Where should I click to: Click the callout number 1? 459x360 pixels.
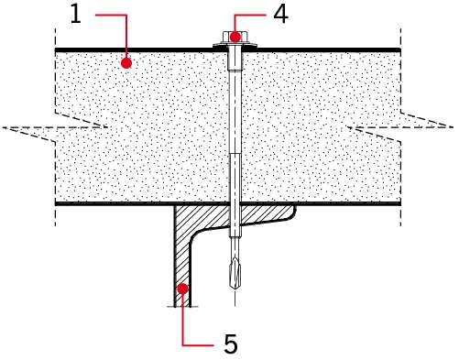76,15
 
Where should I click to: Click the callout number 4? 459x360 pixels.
280,15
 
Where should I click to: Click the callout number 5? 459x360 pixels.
231,344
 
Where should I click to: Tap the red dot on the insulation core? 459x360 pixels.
126,63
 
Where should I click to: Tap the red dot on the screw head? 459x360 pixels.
235,37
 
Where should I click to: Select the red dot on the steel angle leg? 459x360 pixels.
182,289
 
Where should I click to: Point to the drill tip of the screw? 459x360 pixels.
235,287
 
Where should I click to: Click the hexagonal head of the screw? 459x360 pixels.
235,37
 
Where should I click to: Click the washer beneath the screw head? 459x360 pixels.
235,45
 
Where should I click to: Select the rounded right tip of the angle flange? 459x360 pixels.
294,213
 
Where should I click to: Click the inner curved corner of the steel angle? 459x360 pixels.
195,235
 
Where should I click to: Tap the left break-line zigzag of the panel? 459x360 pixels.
55,127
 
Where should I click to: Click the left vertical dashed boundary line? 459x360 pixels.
55,127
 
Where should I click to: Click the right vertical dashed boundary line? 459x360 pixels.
400,127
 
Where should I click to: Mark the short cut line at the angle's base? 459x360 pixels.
182,307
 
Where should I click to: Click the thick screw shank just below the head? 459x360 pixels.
235,58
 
